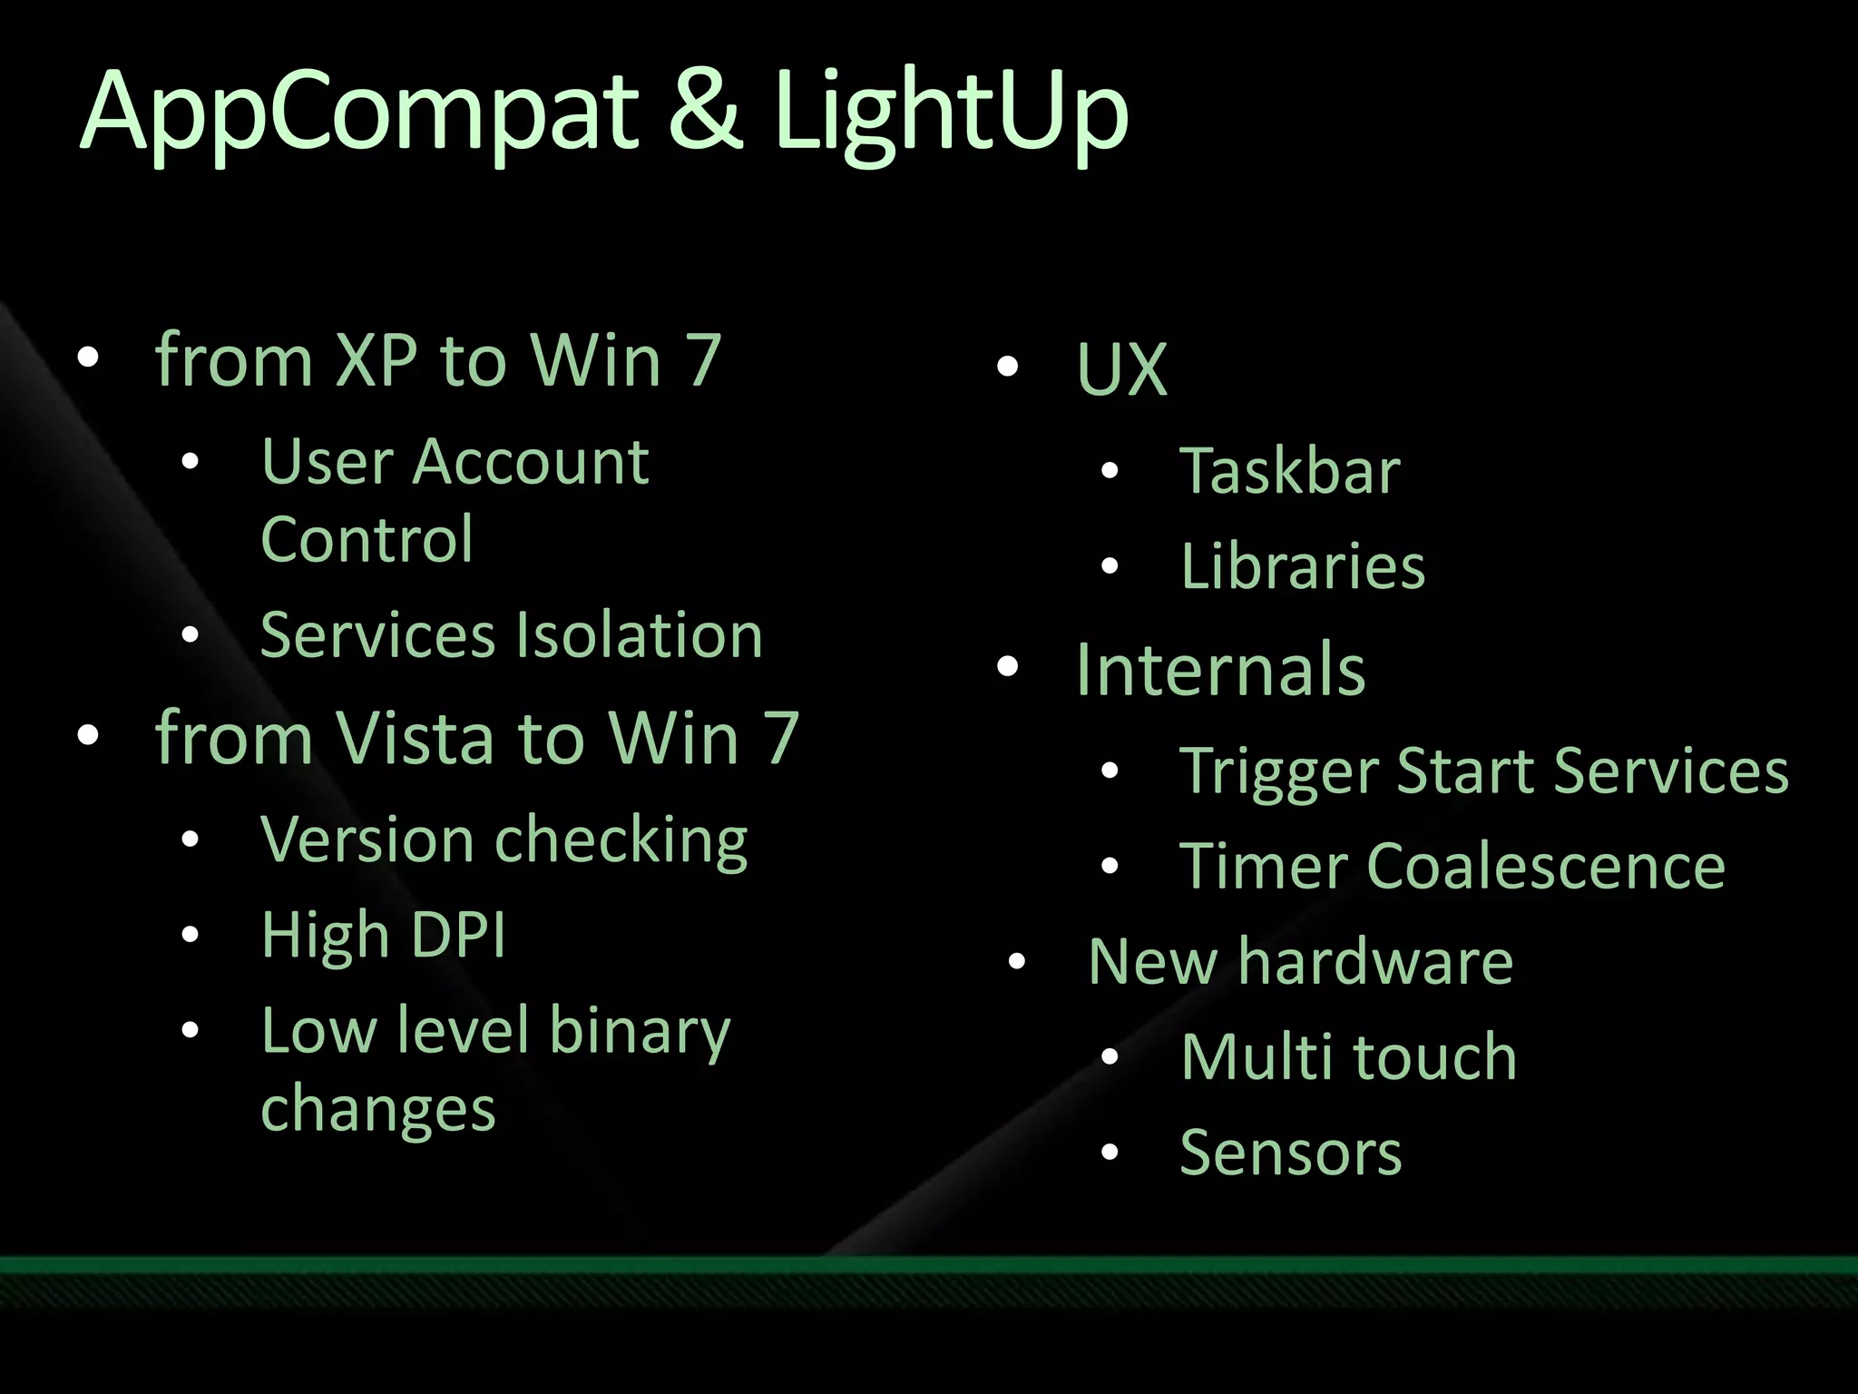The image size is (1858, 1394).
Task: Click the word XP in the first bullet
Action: (376, 360)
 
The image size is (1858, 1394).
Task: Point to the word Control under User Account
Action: (367, 539)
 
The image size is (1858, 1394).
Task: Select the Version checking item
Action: (504, 840)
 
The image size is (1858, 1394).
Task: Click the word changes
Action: (377, 1109)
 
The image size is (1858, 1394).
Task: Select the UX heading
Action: (1121, 369)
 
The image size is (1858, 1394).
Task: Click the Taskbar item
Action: (1290, 471)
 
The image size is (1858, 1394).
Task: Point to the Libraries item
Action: (1303, 566)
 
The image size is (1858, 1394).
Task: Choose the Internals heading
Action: (1220, 669)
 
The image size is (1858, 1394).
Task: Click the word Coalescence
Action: (1545, 866)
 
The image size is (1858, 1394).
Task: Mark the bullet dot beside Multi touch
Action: (1110, 1056)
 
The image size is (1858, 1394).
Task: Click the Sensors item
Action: (1290, 1153)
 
